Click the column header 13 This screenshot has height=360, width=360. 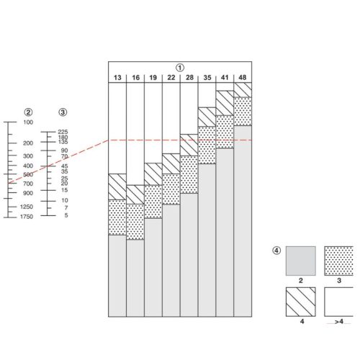click(x=117, y=78)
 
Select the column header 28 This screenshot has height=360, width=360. click(x=189, y=78)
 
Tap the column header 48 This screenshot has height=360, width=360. click(x=243, y=78)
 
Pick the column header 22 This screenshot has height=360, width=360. click(x=171, y=78)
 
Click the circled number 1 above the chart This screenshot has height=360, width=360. click(x=180, y=68)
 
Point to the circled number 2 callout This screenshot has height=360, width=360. click(x=28, y=112)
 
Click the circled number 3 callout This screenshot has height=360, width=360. click(x=63, y=112)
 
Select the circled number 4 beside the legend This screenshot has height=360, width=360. click(x=276, y=251)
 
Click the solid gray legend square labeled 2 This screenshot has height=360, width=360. click(x=301, y=261)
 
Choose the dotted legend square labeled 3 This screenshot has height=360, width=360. click(x=338, y=261)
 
